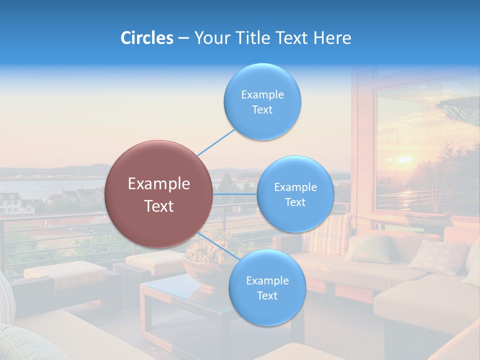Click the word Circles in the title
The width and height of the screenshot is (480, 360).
[x=147, y=38]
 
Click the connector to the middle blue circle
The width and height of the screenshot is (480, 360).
[x=235, y=194]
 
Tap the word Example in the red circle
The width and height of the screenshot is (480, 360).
[x=159, y=184]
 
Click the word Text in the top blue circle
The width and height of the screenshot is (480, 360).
[x=262, y=110]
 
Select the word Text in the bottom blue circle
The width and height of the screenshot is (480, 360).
[x=267, y=296]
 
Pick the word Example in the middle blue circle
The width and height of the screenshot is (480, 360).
[x=295, y=187]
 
